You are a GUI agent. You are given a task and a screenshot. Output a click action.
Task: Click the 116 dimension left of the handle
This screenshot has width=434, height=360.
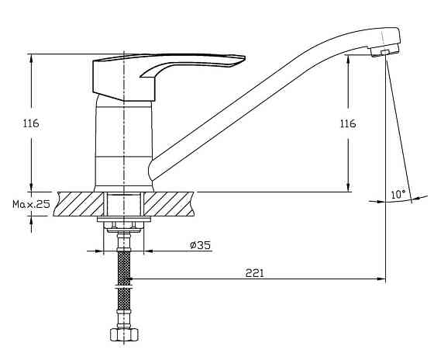tap(31, 123)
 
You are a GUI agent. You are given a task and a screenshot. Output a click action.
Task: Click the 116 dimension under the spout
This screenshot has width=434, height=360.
tap(348, 123)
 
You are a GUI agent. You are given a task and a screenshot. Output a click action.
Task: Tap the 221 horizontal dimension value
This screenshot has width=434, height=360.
tap(255, 273)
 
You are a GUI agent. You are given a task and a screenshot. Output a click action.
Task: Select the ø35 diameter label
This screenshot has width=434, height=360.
tap(201, 245)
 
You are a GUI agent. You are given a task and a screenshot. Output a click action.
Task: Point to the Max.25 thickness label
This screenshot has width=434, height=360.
tap(31, 204)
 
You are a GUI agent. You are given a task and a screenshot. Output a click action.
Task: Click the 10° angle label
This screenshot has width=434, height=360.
tap(398, 194)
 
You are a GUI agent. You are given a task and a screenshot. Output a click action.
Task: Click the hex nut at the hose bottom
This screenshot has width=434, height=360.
tap(124, 334)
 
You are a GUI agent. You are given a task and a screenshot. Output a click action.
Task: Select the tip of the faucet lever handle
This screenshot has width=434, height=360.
tap(243, 58)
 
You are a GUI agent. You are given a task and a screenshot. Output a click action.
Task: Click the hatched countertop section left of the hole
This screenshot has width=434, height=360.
tap(80, 204)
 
